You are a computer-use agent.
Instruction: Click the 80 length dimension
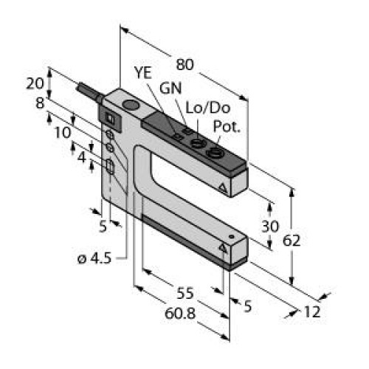(186, 65)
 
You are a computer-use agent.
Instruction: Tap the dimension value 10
(63, 132)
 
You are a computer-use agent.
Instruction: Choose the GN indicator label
(170, 88)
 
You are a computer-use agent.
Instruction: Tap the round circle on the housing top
(131, 108)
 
